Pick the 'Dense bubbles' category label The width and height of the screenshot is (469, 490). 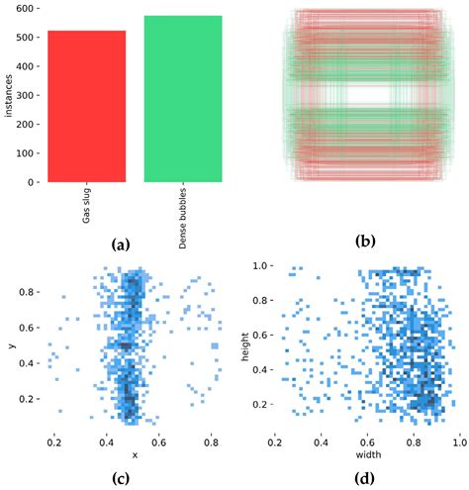(x=183, y=219)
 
